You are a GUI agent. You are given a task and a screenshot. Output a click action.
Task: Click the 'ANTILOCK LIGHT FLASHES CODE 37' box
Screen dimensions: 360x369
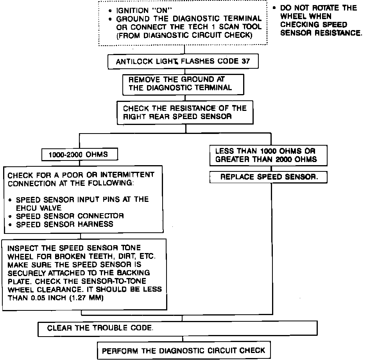coord(183,61)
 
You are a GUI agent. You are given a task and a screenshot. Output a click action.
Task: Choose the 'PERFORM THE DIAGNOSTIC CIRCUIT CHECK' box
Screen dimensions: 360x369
coord(183,350)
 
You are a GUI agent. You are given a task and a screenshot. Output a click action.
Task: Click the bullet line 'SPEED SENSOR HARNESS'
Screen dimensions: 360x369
coord(66,224)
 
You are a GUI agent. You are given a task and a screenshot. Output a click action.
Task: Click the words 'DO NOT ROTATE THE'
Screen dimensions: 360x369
coord(319,8)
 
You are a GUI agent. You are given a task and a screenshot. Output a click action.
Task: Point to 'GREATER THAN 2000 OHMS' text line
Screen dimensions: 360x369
coord(266,159)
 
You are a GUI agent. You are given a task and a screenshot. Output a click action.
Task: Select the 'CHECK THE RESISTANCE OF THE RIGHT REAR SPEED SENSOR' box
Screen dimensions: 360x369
coord(185,112)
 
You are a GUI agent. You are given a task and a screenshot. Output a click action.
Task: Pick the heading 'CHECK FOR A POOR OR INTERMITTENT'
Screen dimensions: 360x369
coord(81,175)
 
